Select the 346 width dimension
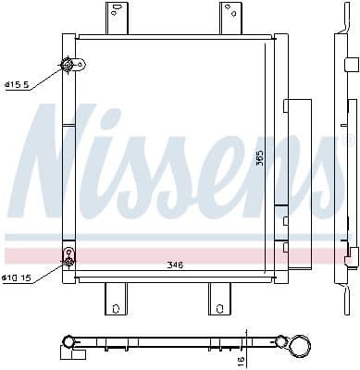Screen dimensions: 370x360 (175, 265)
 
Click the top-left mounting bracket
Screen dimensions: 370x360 (116, 18)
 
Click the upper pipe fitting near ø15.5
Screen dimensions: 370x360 (68, 65)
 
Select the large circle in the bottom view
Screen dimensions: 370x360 (302, 345)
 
